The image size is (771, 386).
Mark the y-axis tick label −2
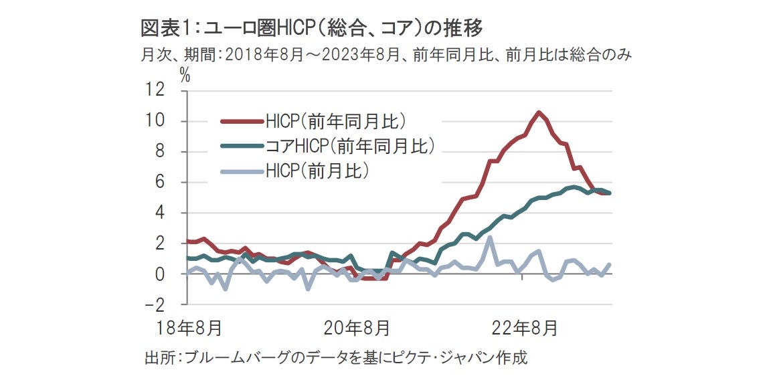(158, 305)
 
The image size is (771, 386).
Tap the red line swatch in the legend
(242, 121)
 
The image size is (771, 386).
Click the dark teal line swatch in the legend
(242, 146)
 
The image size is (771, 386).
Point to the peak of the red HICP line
(539, 112)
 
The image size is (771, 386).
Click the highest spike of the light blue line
(490, 237)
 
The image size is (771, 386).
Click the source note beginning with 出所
(335, 357)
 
